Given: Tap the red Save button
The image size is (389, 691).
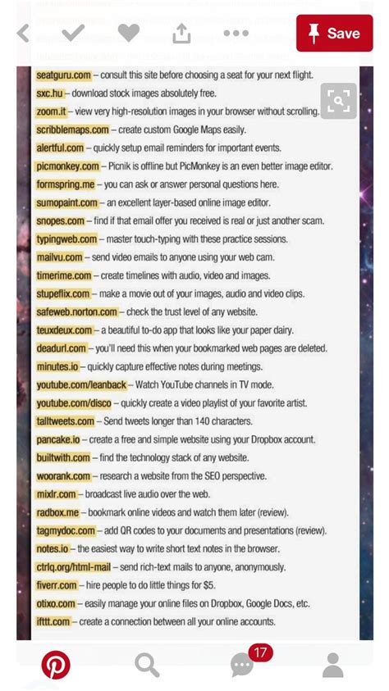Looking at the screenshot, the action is pos(334,34).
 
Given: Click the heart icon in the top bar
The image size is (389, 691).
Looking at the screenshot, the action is pos(129,33).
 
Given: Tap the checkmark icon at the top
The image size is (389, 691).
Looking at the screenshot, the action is pos(74,33).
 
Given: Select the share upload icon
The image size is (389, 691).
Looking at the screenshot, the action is pos(181,33).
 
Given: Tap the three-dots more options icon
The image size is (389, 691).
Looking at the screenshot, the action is pos(236,34).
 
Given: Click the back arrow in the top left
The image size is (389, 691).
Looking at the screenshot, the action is pos(23,34).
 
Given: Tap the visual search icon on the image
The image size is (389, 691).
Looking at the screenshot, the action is pos(339,101).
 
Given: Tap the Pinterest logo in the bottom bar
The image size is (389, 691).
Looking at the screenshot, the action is pos(56,665).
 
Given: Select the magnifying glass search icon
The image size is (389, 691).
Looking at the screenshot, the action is pos(147,665).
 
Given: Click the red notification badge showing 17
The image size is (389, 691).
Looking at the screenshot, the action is pos(260,653).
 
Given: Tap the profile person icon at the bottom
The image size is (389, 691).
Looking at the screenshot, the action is pos(332,665).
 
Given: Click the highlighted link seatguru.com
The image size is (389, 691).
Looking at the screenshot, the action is pos(63,75).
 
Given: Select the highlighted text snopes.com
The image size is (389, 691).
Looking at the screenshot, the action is pos(60,220).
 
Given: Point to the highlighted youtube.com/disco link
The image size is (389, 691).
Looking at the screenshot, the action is pos(73,403).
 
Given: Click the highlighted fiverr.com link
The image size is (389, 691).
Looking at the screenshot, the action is pos(57,585).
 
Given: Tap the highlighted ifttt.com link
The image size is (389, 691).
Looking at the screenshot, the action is pos(53,622).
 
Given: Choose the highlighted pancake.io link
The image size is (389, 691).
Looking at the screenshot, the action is pos(58,439).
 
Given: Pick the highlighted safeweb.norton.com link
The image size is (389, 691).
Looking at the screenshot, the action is pos(76,312).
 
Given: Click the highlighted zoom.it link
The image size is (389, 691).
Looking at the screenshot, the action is pos(51,111).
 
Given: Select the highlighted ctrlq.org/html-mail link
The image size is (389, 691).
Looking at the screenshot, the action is pos(73,567).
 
